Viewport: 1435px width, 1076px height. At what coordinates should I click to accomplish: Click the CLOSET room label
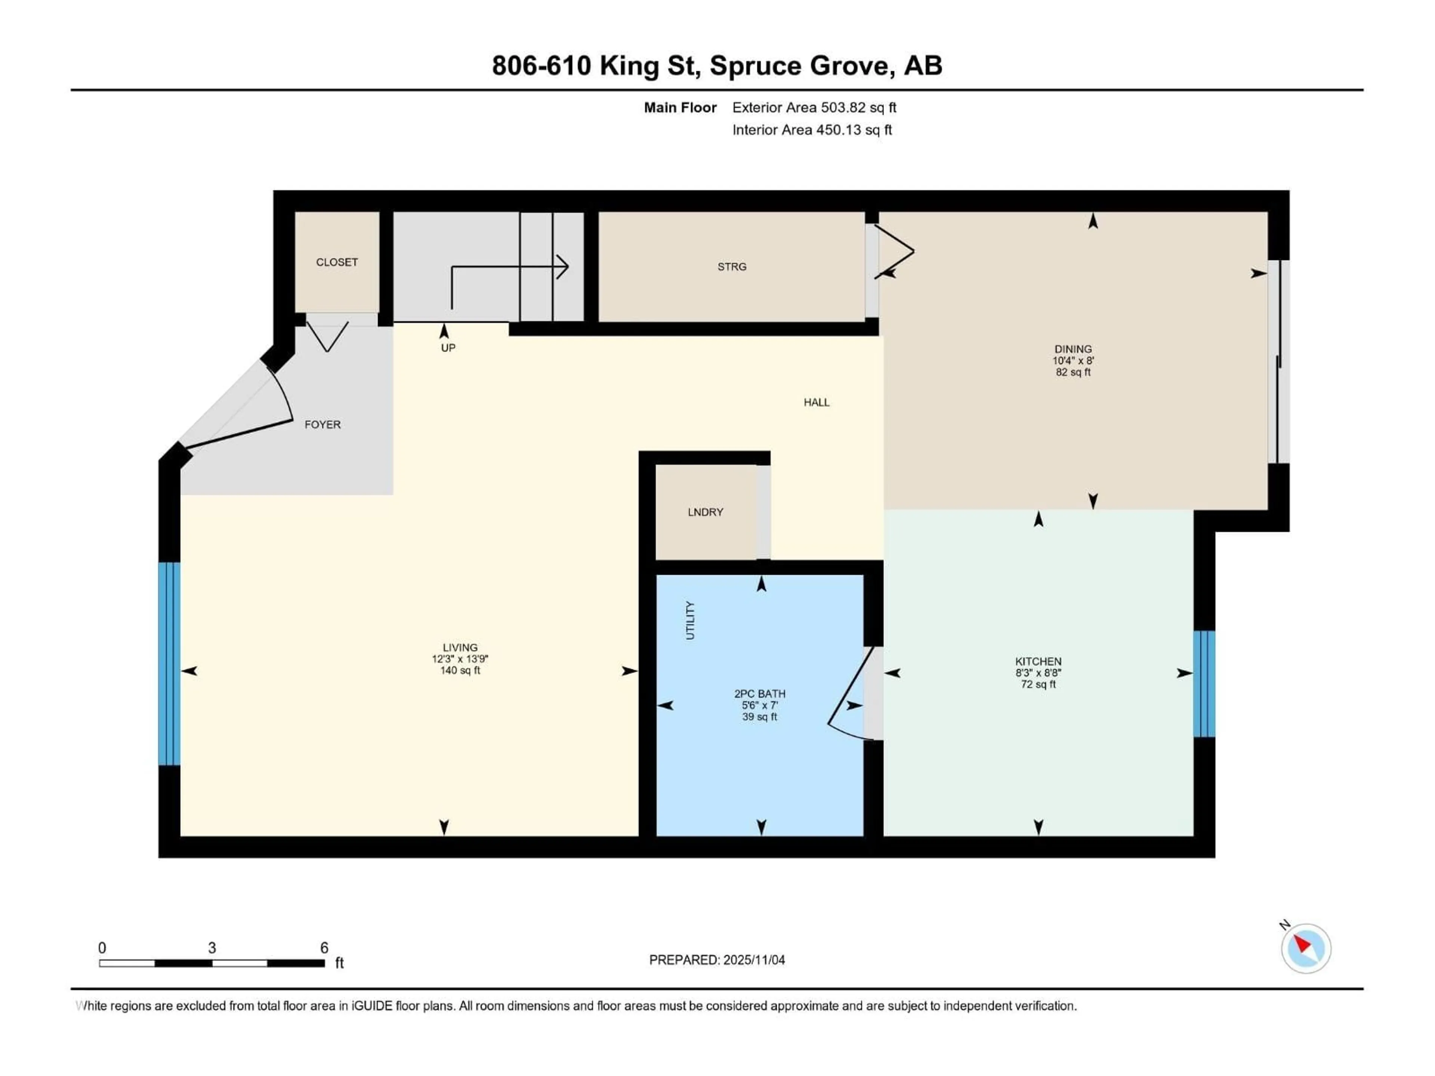[337, 262]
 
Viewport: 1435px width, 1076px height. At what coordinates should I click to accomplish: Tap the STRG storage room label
[732, 266]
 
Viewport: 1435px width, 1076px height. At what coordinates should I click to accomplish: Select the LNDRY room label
[705, 512]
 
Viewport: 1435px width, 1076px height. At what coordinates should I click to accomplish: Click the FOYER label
[323, 424]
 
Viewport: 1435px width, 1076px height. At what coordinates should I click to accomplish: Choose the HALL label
[816, 402]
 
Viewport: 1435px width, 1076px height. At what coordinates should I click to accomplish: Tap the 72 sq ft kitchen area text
[1038, 684]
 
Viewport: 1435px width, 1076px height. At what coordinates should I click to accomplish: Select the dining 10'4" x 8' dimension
[1073, 361]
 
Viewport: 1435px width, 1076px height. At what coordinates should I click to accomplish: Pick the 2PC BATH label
[760, 693]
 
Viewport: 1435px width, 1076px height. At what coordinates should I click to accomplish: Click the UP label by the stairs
[448, 347]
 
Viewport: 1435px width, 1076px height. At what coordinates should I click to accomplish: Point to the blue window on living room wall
[169, 664]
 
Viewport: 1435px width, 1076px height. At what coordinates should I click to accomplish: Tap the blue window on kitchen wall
[1204, 684]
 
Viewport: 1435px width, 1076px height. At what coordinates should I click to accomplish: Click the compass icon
[1306, 948]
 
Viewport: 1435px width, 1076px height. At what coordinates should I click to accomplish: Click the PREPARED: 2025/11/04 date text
[717, 960]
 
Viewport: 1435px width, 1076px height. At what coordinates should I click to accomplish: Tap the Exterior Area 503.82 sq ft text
[814, 108]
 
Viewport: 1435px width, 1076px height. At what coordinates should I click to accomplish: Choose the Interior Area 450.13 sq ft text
[812, 130]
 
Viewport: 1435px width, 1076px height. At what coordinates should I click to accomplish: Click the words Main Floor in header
[680, 108]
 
